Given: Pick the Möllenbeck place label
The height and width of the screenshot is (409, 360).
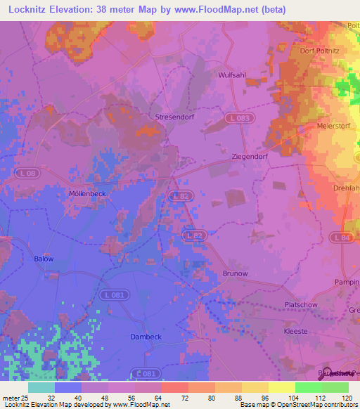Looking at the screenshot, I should [87, 193].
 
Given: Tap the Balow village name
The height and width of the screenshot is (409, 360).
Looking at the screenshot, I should [44, 259].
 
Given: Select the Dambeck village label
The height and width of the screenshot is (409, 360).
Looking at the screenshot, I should [146, 337].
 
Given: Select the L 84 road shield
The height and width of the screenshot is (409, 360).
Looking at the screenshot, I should [342, 238].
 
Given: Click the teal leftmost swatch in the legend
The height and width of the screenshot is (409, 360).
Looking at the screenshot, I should [41, 387].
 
